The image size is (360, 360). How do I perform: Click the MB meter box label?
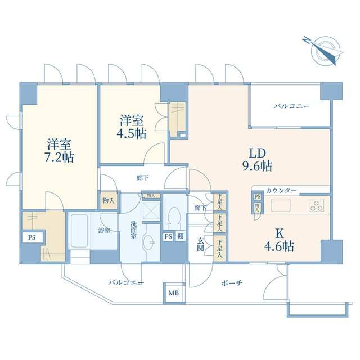pos(174,293)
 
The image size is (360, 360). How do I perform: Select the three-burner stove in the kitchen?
pos(316,205)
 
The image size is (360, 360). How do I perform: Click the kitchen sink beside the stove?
pos(281,205)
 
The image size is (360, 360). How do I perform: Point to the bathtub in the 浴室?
pos(79,231)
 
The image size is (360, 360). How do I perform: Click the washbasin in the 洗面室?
pos(148,242)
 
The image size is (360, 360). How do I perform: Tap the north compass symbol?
pos(324,50)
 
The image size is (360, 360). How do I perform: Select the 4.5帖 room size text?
pos(131,133)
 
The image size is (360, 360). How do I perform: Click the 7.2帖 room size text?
pos(59,157)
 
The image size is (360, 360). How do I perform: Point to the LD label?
pos(258,153)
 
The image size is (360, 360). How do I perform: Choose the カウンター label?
pos(281,190)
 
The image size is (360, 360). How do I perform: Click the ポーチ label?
pos(232,283)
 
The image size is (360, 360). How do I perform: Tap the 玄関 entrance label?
pos(200,244)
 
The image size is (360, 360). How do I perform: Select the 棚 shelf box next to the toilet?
pos(181,236)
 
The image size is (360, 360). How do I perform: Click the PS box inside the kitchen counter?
pos(258,196)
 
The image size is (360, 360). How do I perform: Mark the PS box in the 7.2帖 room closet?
pos(33,237)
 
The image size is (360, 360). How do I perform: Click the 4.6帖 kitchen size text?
pos(279,246)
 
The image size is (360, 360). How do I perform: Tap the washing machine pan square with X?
pos(151,211)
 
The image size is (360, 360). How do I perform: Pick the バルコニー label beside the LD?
pos(292,106)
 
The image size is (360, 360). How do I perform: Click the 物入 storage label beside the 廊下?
pos(109,200)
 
